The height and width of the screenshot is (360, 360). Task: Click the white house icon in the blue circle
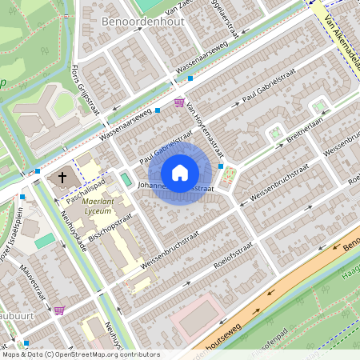click(180, 172)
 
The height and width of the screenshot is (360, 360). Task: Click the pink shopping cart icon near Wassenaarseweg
click(178, 102)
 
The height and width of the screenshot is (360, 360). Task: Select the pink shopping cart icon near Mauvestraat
click(59, 310)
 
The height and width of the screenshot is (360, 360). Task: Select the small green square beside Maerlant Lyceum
click(126, 178)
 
